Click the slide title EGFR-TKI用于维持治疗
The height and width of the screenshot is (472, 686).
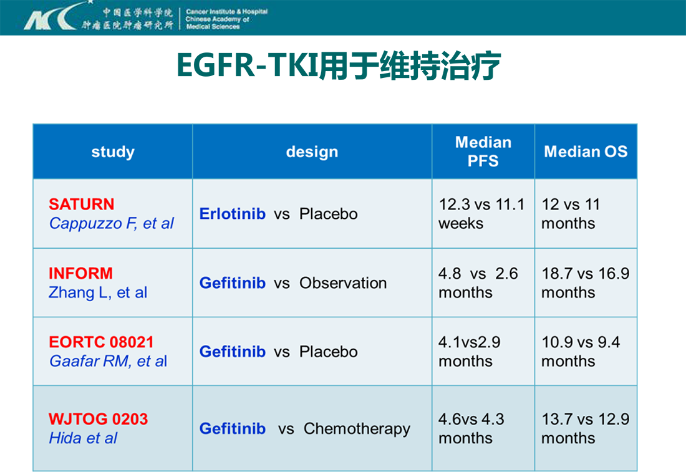339,66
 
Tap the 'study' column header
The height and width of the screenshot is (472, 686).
113,152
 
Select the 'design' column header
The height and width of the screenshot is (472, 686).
312,152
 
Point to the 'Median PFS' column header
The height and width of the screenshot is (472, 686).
483,152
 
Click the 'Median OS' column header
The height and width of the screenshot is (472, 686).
586,152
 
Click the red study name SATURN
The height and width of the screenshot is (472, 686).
81,205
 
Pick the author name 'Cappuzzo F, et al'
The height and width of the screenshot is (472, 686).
111,223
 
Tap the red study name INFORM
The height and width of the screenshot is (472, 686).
80,273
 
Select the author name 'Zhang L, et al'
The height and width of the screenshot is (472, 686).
97,292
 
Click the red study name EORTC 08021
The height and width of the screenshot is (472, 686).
101,342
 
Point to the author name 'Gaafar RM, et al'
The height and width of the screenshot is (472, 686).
108,361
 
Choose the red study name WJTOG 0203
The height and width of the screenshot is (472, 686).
98,419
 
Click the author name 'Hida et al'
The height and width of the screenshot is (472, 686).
83,438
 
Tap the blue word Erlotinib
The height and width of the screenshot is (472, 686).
233,213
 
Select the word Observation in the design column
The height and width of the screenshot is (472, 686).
343,283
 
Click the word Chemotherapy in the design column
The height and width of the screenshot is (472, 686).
357,429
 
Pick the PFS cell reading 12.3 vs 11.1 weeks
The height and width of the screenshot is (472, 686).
481,214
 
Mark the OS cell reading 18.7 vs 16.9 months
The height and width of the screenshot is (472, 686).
586,283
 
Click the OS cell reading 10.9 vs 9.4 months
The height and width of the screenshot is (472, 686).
581,352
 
